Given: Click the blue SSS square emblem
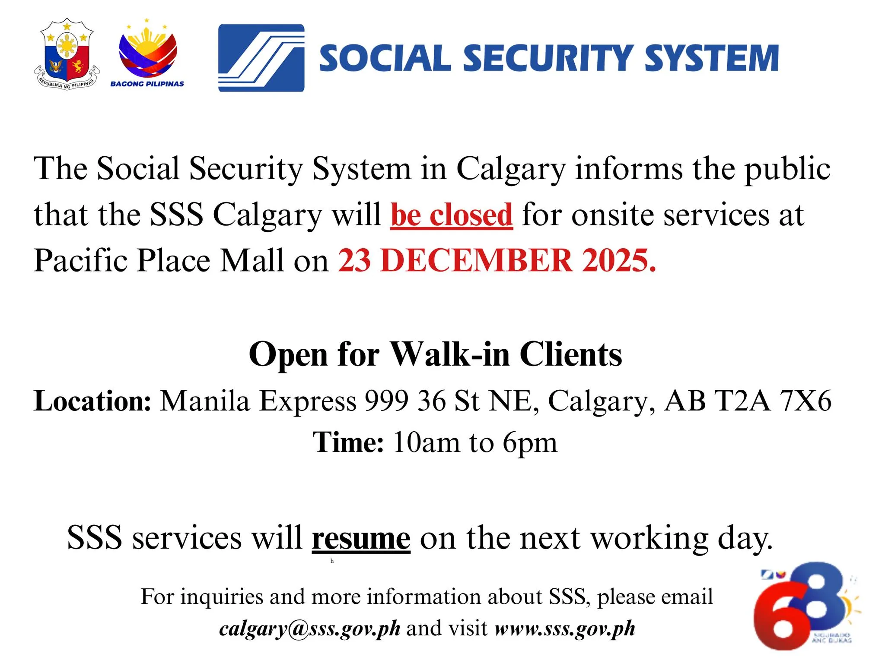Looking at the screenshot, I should [261, 58].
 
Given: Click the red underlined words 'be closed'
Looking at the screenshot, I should [452, 215].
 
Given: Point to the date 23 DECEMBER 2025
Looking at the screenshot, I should [497, 261].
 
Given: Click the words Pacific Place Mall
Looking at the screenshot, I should [159, 261].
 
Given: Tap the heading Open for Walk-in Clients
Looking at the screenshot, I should [435, 354].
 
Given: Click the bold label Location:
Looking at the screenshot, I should [92, 401].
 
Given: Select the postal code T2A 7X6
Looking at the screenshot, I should [773, 401].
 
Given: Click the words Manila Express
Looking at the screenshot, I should [258, 401].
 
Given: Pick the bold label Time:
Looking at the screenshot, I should [348, 442].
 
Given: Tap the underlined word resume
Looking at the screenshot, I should [361, 538].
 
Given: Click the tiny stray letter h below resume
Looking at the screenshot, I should [332, 561].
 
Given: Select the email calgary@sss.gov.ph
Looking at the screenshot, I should [309, 628].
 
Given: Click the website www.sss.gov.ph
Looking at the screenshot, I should [565, 628].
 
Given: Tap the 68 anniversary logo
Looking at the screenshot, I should [804, 606].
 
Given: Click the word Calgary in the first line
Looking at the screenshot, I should [511, 168].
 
